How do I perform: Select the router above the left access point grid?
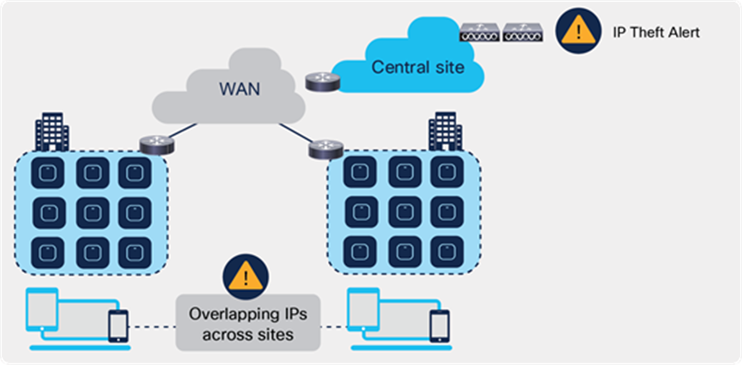158,143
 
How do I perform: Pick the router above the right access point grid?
325,148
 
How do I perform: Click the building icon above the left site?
52,135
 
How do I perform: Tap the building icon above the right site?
445,131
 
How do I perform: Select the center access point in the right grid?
404,211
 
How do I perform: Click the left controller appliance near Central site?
480,33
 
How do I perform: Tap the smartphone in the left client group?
118,325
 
